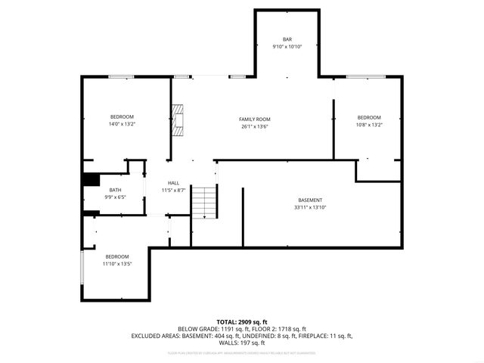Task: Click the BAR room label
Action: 287,39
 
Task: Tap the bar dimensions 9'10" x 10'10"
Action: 287,47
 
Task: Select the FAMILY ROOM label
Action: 255,119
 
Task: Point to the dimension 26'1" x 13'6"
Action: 255,127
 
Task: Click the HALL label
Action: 173,183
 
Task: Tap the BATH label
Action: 115,190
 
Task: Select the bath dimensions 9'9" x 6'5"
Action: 115,197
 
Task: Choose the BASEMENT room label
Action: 310,200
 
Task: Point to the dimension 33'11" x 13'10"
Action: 310,207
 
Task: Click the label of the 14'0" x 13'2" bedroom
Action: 122,116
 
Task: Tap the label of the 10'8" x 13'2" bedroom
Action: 369,117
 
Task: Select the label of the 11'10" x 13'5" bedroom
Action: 117,256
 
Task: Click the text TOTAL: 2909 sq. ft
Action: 242,322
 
